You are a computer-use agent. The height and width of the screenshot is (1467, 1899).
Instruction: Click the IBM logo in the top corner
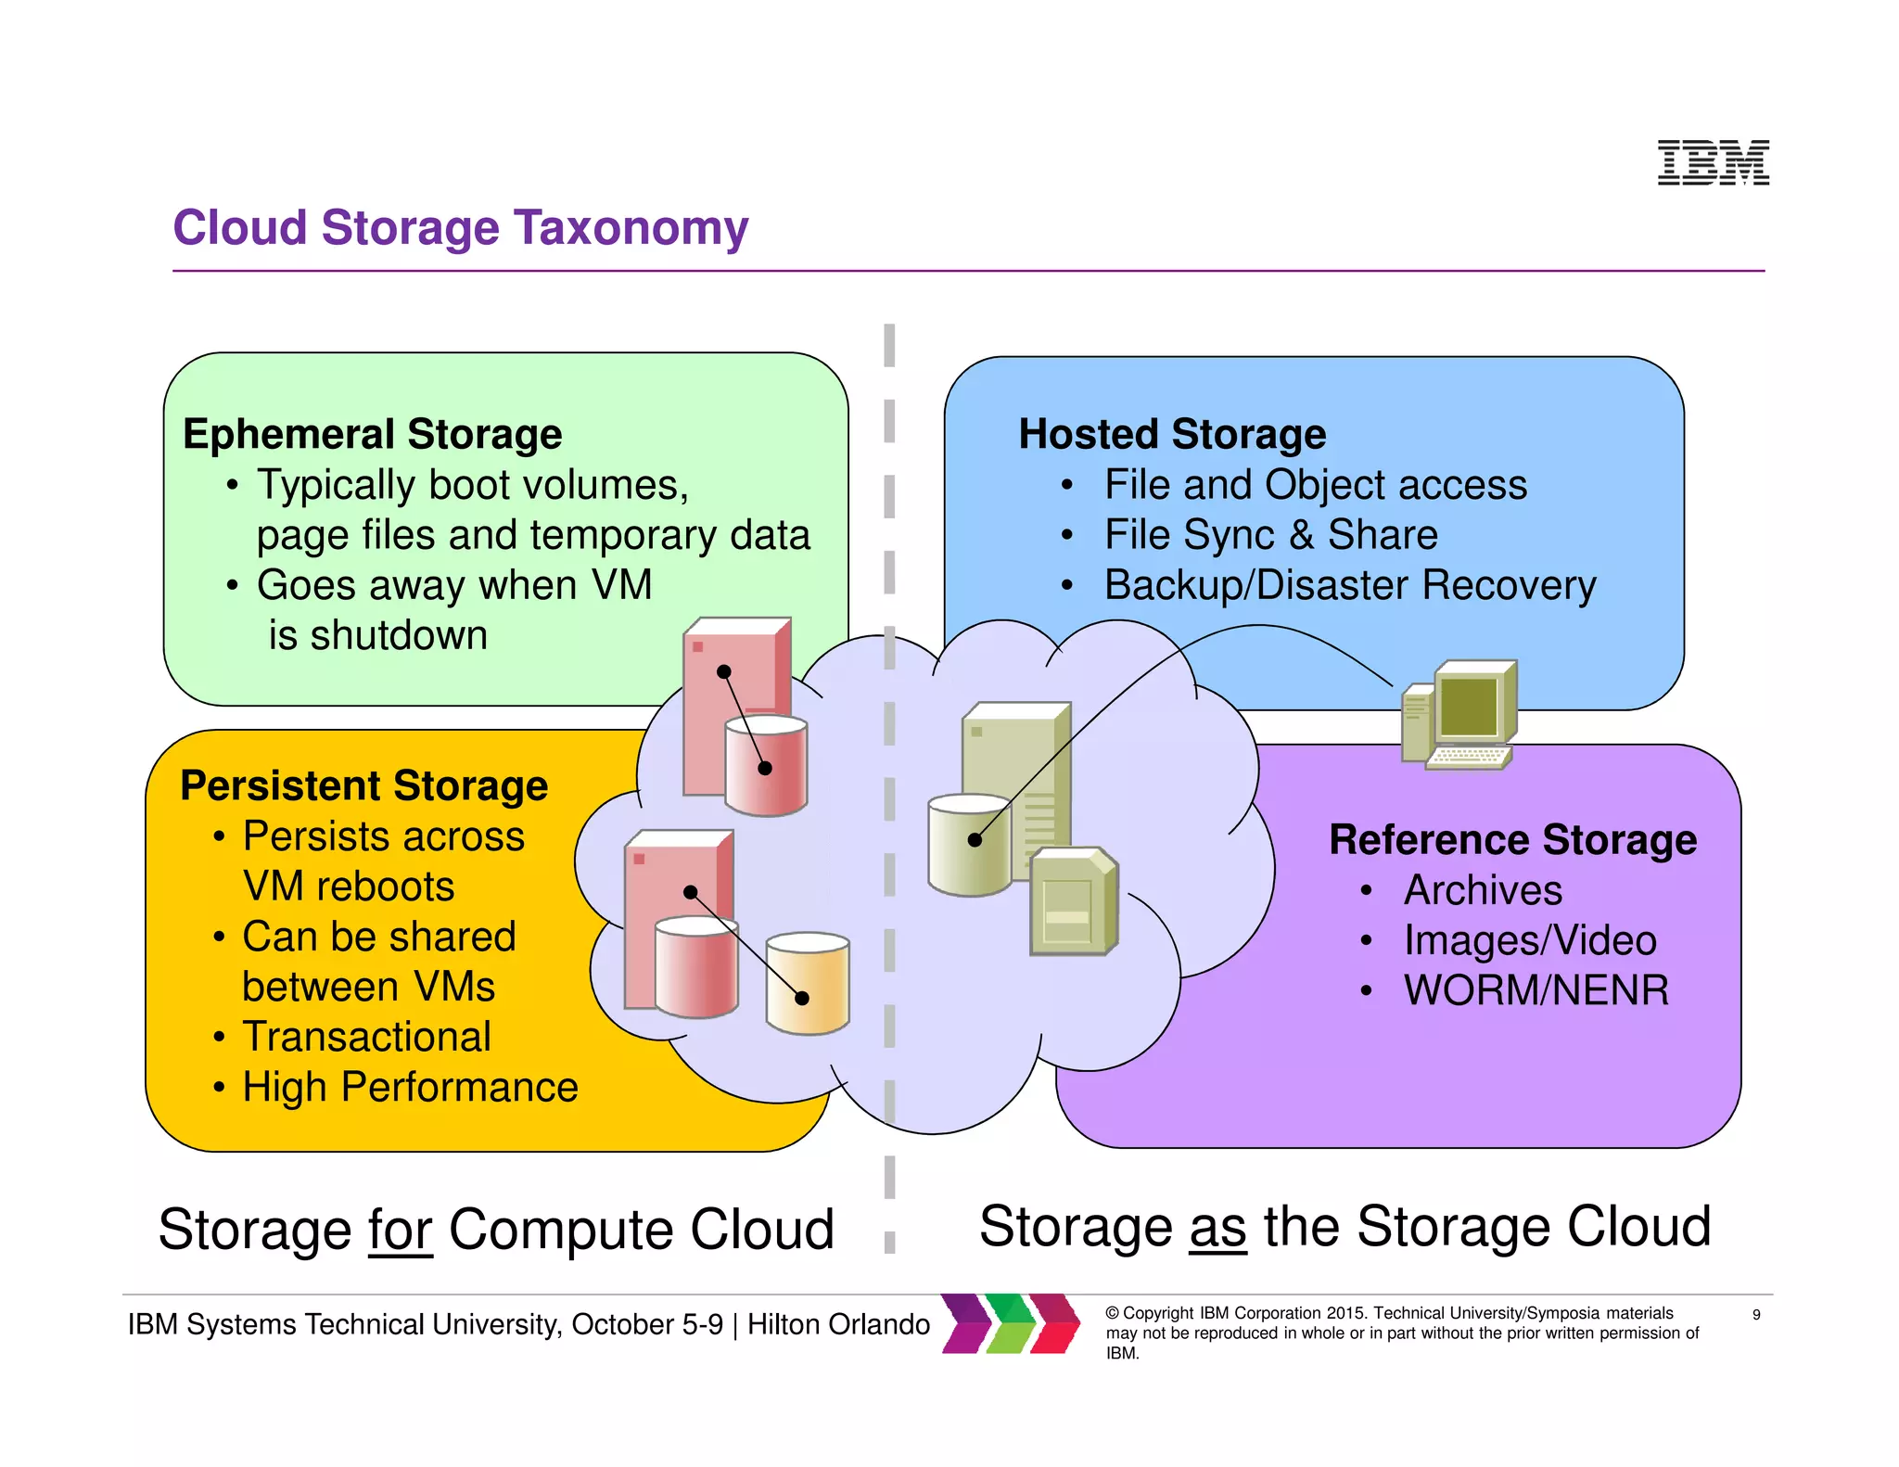point(1713,162)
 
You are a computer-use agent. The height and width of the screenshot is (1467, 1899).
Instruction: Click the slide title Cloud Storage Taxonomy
point(460,227)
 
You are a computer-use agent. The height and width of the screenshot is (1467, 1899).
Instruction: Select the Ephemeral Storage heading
point(372,434)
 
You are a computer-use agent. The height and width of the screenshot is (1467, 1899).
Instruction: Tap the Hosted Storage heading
point(1172,434)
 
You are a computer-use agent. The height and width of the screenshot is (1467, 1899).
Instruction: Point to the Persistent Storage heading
point(363,785)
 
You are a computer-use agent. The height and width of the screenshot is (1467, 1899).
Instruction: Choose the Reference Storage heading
point(1512,839)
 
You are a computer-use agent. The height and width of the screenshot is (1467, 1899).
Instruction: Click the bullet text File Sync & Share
point(1270,535)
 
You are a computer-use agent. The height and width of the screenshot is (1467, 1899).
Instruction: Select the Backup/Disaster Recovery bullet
point(1350,585)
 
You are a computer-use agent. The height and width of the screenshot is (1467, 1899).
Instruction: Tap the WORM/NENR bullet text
point(1536,990)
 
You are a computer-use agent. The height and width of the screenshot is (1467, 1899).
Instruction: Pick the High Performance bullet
point(410,1087)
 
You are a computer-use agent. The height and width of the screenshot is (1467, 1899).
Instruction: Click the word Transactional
point(366,1037)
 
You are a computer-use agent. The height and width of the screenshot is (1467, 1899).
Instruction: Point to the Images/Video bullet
point(1530,940)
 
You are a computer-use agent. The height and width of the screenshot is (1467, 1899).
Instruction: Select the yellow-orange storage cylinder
point(807,983)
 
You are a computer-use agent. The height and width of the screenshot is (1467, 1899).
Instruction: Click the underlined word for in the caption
point(401,1230)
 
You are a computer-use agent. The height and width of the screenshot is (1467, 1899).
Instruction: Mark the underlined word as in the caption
point(1217,1228)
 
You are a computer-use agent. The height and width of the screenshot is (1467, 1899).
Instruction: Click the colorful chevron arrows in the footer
point(1011,1323)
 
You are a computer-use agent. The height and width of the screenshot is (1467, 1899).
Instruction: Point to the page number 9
point(1755,1315)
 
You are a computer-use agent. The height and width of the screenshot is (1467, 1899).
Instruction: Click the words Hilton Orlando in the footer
point(838,1324)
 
